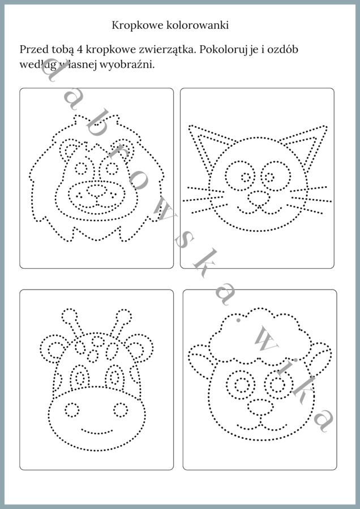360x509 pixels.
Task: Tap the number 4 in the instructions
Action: (80, 50)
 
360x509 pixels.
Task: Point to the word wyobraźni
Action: (127, 64)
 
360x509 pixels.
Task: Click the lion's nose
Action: (96, 191)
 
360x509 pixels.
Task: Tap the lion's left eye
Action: (81, 168)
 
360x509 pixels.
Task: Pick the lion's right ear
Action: (124, 148)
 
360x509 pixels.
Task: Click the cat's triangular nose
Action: (259, 198)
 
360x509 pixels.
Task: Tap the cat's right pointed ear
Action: (303, 145)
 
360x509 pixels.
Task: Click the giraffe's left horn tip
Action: (69, 316)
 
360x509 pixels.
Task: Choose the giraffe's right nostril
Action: (121, 409)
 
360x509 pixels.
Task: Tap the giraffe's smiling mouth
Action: (96, 432)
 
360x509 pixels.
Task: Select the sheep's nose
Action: (260, 407)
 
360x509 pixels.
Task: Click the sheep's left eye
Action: (241, 385)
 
